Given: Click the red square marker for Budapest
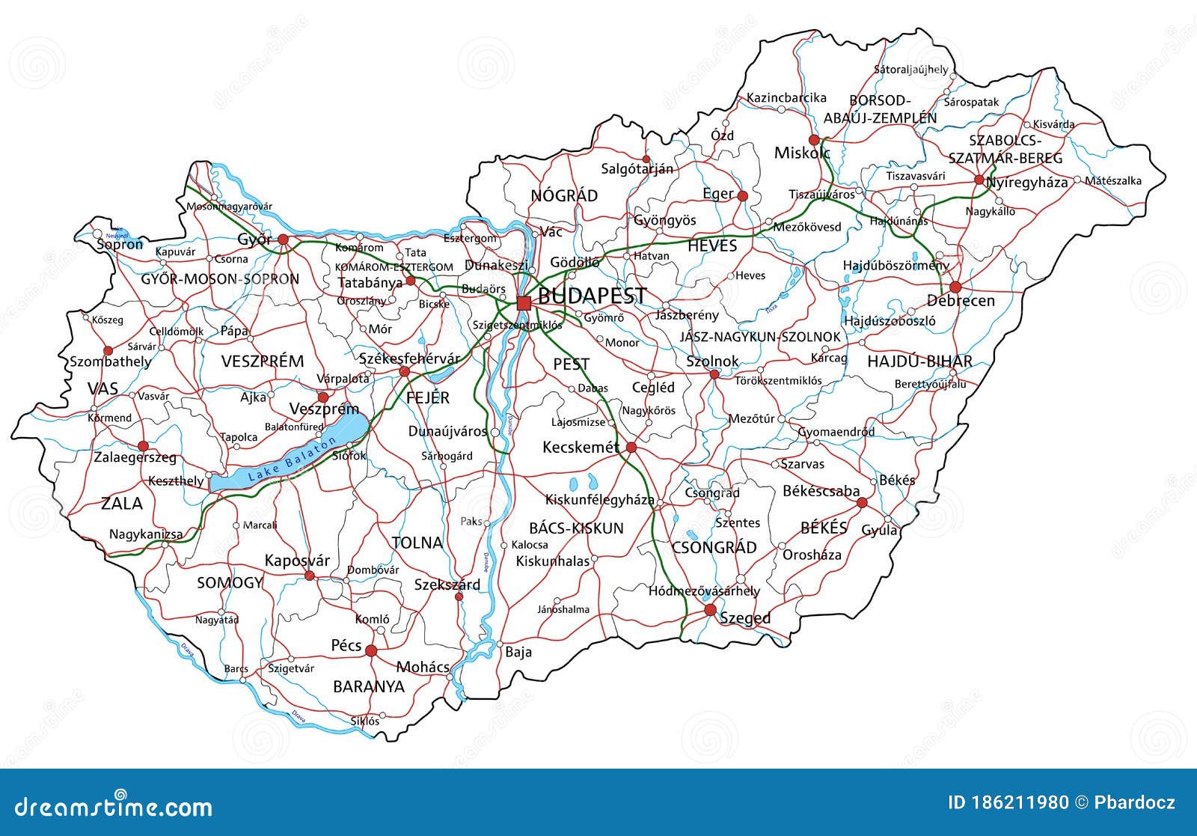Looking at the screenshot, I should (x=524, y=302).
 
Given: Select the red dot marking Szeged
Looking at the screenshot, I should (x=710, y=610).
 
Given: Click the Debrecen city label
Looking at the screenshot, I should (x=961, y=301).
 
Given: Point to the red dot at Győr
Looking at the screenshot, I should (x=284, y=239).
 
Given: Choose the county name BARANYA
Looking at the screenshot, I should (x=369, y=686).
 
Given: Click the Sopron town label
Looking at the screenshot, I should (x=120, y=245).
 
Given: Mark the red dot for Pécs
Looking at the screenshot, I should (x=370, y=651).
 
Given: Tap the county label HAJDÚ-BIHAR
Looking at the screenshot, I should (x=919, y=361).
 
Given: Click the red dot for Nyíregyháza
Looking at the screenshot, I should (x=979, y=180).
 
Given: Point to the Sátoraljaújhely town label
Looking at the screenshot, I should (x=910, y=70).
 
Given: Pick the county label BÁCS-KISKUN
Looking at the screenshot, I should (x=576, y=528).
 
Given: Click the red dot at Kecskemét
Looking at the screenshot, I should (x=631, y=448).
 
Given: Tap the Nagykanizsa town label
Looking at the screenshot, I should (x=146, y=534).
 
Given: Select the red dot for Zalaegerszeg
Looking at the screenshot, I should (x=143, y=446).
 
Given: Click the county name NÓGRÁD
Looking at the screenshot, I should (x=564, y=196).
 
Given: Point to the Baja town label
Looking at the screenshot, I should (x=518, y=652).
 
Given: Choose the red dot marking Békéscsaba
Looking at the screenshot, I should (x=861, y=503).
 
